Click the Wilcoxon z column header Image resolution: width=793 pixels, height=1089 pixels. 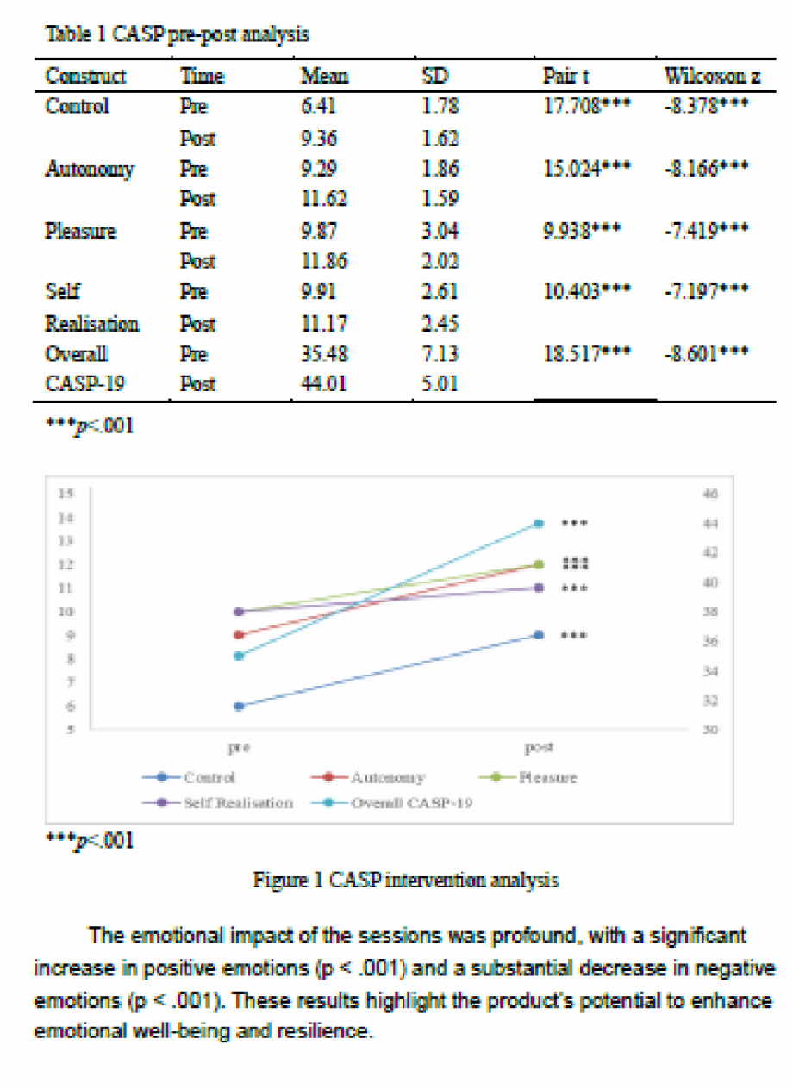coord(711,76)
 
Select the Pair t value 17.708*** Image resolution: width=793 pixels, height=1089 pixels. coord(586,107)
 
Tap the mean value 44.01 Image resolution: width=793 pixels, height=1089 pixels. coord(323,384)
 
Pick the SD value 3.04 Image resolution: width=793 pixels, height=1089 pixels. coord(440,231)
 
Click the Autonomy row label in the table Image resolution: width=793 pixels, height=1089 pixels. coord(89,169)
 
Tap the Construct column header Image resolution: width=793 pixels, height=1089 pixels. coord(85,76)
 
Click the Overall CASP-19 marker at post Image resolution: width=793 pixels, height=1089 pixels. coord(539,523)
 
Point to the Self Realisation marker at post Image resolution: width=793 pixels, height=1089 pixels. coord(539,588)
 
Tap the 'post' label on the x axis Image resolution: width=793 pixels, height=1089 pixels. coord(539,748)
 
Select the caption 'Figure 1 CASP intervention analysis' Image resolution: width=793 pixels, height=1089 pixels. coord(405,880)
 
